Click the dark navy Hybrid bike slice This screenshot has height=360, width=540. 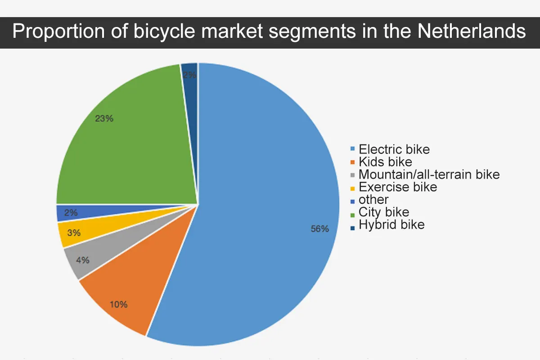click(x=190, y=74)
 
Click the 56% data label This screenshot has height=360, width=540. click(x=320, y=229)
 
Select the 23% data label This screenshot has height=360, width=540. click(x=104, y=119)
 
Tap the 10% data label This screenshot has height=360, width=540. click(x=119, y=304)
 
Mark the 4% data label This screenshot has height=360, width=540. click(x=82, y=260)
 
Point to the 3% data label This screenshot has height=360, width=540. click(x=74, y=233)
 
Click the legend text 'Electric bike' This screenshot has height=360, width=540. click(x=394, y=149)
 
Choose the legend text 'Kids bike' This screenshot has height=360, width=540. click(x=385, y=162)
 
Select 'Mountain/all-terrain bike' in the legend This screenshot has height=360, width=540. click(x=429, y=174)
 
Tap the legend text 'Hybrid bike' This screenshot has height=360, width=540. click(x=391, y=225)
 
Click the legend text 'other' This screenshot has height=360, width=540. click(x=373, y=199)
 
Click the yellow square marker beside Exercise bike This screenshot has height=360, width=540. click(x=353, y=188)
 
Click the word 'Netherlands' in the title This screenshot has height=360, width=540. click(x=471, y=32)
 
